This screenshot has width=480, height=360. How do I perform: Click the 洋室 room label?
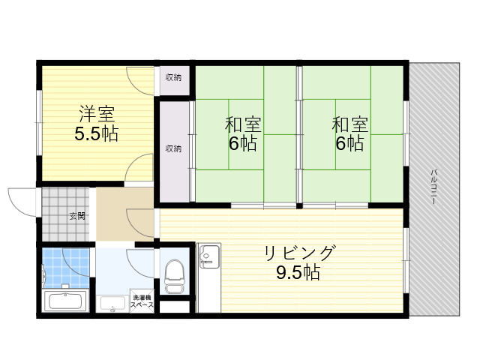97,114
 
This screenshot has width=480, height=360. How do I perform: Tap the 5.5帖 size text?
97,133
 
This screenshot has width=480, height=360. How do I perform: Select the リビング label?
298,253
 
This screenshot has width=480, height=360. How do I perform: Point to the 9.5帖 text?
298,272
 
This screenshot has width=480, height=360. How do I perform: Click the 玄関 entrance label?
77,216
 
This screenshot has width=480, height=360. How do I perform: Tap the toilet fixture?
174,277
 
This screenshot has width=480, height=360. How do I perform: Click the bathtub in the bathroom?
65,300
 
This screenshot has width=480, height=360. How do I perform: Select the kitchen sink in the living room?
208,255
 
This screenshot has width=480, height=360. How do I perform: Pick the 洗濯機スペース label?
142,301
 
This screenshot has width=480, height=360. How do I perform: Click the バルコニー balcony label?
433,187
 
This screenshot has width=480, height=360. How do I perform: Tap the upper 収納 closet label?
173,78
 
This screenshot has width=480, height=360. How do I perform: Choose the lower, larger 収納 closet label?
173,148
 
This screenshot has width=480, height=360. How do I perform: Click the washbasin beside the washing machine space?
112,304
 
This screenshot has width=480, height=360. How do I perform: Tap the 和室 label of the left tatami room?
243,125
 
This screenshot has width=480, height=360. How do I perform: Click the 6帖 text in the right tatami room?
350,143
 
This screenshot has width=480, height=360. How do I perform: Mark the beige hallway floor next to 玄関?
125,214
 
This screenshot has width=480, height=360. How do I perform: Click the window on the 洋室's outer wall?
39,122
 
